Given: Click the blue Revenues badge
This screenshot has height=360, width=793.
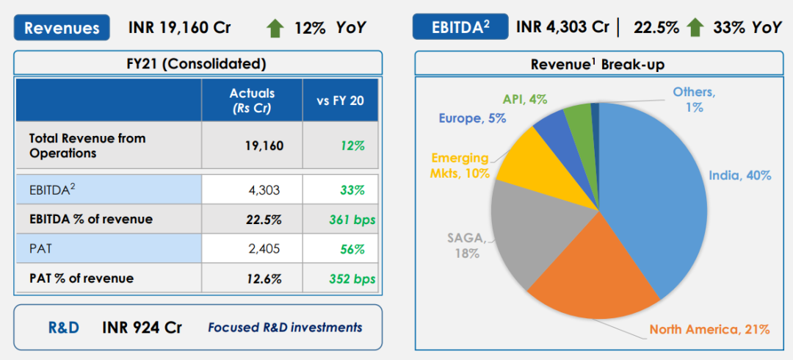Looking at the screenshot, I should pos(62,28).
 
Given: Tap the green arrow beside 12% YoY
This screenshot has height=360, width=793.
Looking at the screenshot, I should pos(275,29).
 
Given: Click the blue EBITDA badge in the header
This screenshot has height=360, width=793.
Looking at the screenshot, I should pos(460,28).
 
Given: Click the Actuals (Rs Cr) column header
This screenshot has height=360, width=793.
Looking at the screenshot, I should pos(252,101).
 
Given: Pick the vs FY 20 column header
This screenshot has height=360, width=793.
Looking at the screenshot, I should pos(340,101).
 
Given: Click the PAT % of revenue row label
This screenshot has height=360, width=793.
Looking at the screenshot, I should pos(82,278).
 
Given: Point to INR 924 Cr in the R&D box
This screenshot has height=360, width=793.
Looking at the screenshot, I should pos(142,327).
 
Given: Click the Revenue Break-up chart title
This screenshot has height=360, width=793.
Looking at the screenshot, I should pos(597,65).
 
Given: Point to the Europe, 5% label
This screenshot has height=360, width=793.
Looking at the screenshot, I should pos(472,118).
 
